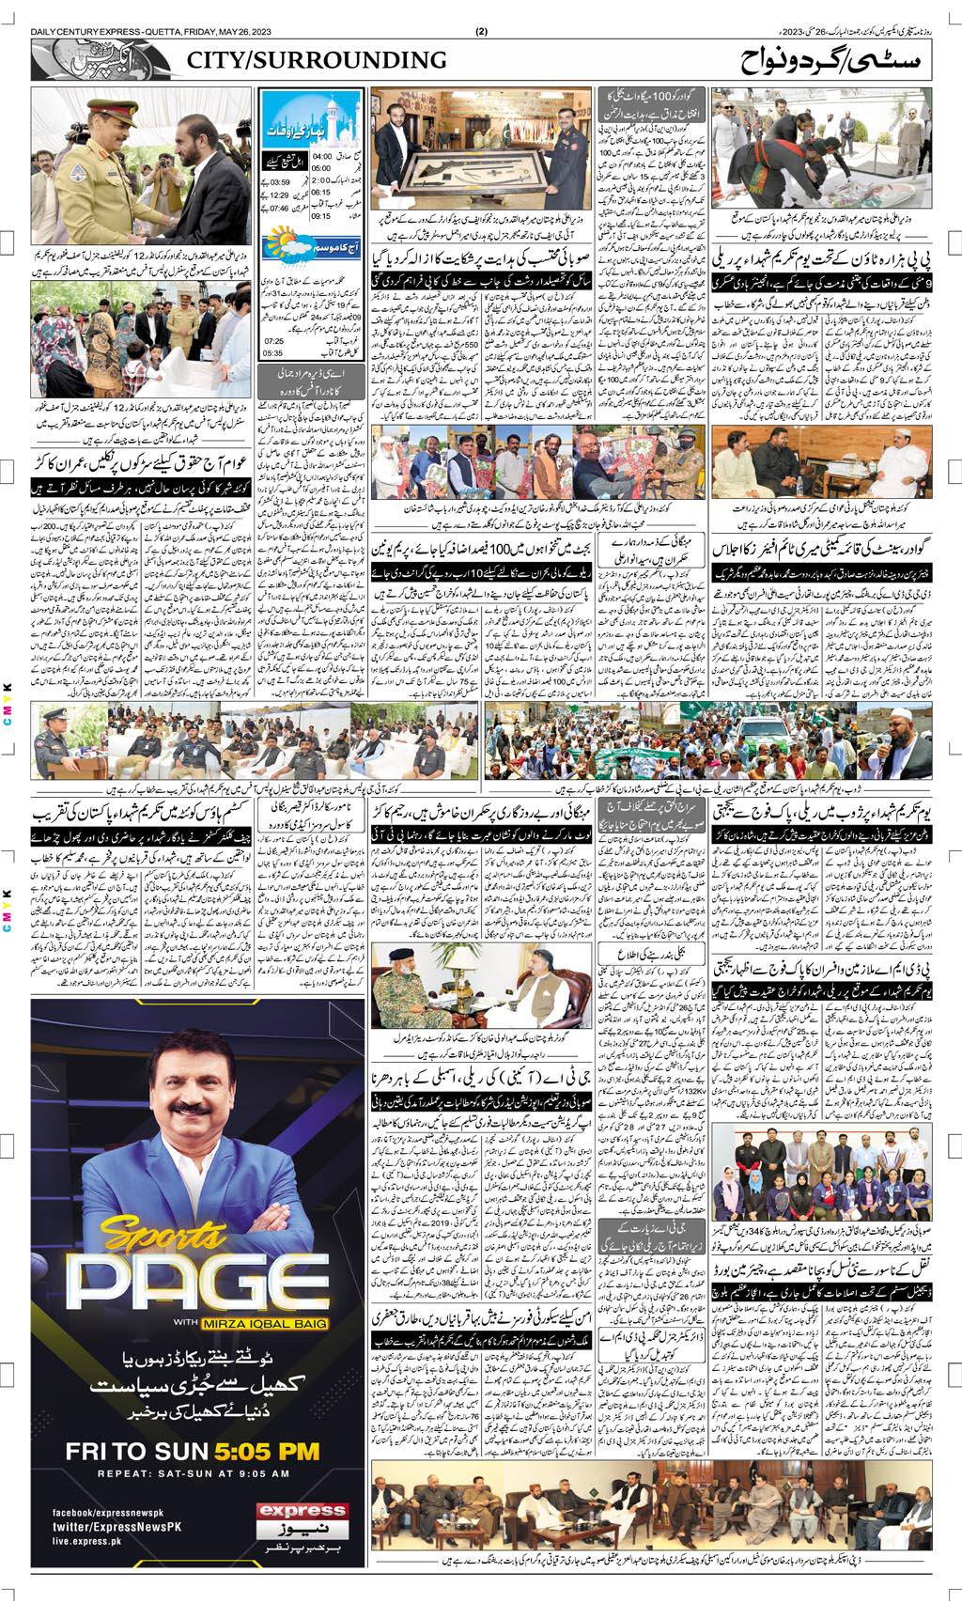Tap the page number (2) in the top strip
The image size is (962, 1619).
481,30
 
